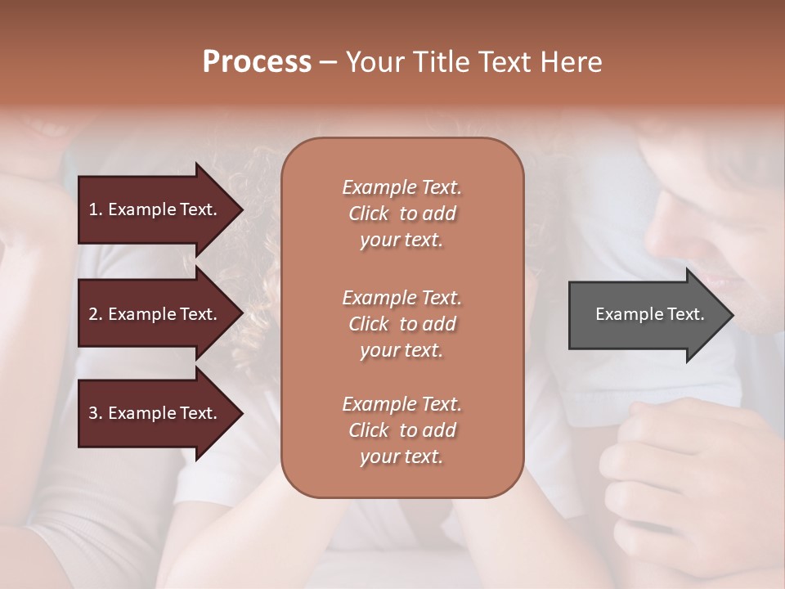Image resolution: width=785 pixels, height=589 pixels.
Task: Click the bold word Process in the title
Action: (257, 62)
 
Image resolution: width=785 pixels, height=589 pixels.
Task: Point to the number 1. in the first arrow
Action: (96, 209)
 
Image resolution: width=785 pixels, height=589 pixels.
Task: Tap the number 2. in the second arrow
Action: (96, 314)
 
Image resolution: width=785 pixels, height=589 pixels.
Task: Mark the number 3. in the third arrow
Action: (96, 414)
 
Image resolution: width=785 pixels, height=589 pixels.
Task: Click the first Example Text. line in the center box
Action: (401, 187)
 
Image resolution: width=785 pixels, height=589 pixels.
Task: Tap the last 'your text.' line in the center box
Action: (401, 457)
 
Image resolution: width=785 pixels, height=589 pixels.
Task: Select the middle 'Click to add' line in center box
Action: (401, 324)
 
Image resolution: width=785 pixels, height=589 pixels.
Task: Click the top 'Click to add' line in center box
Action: (401, 214)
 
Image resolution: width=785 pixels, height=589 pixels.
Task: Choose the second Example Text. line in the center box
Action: (401, 297)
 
